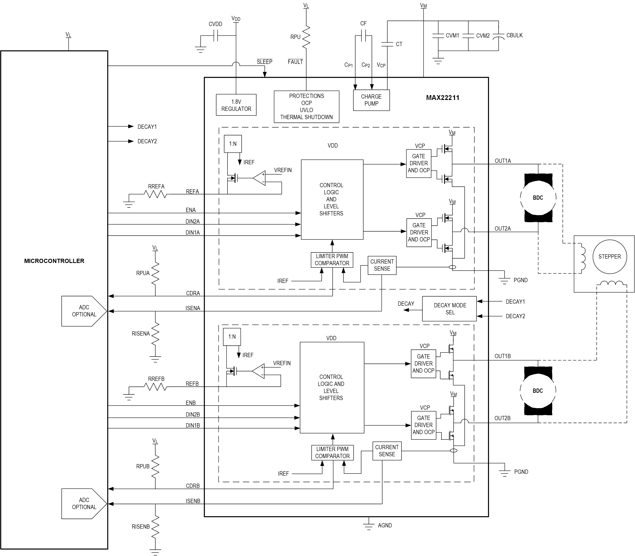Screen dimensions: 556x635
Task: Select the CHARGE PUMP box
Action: [x=371, y=100]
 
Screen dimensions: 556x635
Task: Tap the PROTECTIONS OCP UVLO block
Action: [x=306, y=106]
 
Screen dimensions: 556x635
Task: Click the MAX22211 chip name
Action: [x=442, y=98]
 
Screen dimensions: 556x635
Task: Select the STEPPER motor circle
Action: [x=609, y=257]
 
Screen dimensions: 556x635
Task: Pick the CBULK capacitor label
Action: [x=514, y=35]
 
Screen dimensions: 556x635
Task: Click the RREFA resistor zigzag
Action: [x=155, y=194]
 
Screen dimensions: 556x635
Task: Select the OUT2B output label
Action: [x=502, y=418]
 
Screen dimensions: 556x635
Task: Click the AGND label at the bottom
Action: [x=385, y=525]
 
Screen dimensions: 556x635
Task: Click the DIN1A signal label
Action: [x=192, y=232]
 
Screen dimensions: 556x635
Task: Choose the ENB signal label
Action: [x=191, y=403]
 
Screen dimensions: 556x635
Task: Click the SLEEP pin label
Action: [x=264, y=62]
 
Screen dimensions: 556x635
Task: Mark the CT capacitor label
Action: [x=399, y=44]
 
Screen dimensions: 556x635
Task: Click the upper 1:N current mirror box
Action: [x=233, y=144]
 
